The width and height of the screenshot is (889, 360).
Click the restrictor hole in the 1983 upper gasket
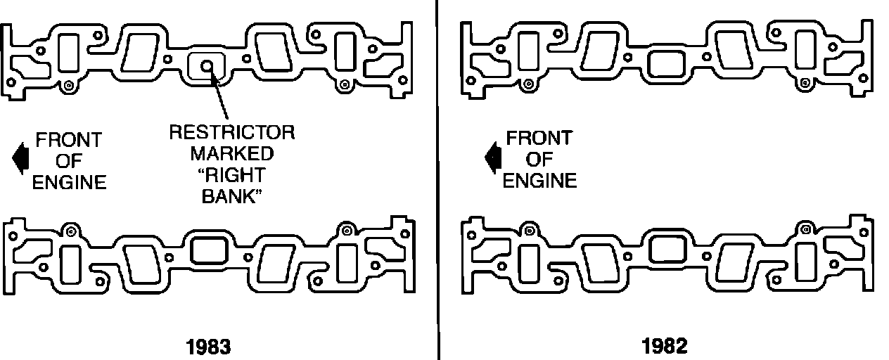[207, 65]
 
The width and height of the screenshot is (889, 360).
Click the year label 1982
[664, 346]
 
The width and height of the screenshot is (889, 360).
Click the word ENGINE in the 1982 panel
[539, 181]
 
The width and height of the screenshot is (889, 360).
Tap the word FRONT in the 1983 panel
[68, 139]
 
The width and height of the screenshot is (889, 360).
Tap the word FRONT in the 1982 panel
[539, 137]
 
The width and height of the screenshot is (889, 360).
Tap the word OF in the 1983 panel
[69, 161]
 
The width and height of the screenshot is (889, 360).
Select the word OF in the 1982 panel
[539, 159]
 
